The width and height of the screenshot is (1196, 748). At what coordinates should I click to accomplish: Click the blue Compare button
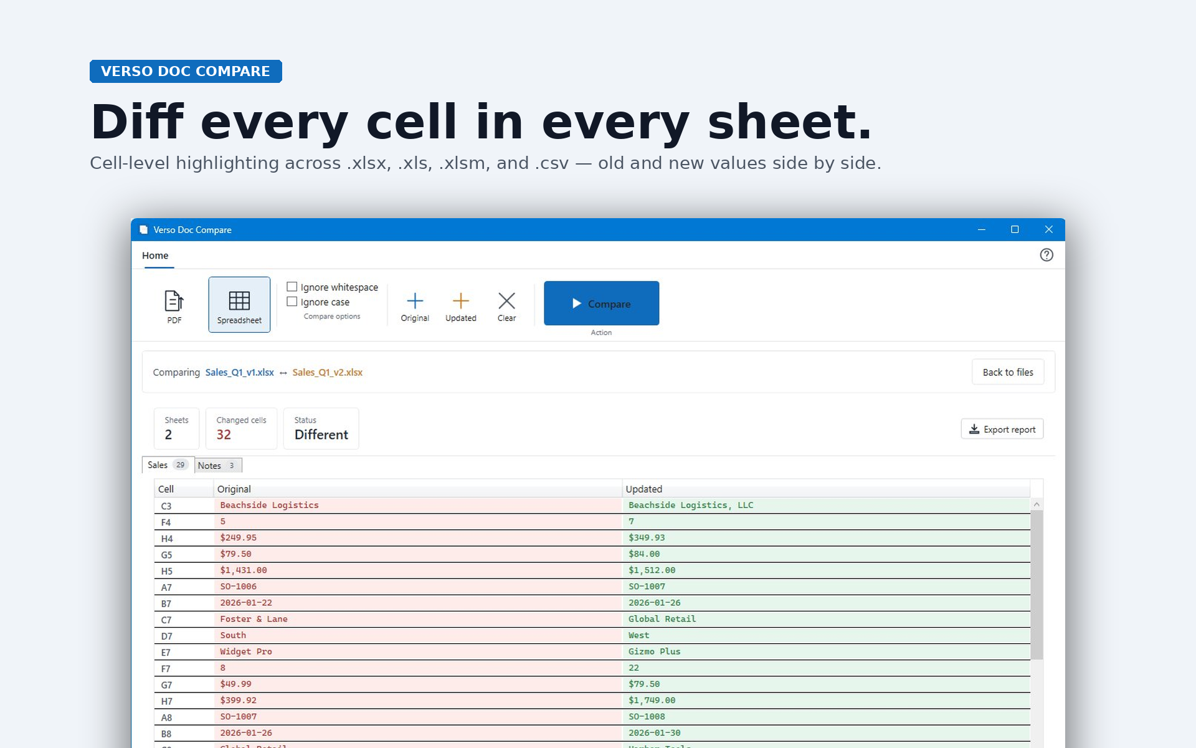601,303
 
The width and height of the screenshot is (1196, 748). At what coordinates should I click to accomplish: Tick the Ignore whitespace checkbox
292,287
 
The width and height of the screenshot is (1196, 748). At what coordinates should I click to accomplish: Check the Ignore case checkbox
292,302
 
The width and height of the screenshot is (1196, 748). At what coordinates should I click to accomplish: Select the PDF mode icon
174,301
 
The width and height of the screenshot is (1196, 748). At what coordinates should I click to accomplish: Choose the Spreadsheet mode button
239,305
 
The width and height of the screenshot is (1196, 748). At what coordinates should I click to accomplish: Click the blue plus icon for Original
415,301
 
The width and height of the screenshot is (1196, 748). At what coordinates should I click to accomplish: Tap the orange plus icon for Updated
461,301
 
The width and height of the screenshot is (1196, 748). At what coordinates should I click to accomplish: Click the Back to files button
1008,372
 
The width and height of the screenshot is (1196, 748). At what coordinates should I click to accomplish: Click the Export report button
1002,429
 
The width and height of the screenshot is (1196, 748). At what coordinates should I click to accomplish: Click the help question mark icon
1046,255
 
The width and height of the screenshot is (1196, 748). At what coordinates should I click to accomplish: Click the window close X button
1049,229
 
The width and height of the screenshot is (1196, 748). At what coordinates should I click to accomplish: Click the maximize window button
1015,229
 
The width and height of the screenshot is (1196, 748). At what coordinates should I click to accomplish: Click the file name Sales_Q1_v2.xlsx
328,372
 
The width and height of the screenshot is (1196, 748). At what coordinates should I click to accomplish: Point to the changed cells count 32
224,434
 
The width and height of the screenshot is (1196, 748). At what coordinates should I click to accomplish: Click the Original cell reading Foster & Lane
254,619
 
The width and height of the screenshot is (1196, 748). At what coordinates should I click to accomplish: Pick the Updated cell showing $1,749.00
652,700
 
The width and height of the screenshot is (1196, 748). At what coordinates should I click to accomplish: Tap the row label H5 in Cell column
166,571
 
